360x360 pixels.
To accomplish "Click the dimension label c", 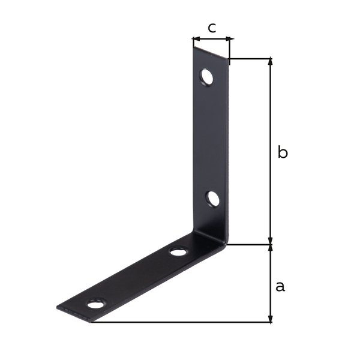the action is click(x=212, y=28).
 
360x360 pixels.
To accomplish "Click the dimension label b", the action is click(x=283, y=152).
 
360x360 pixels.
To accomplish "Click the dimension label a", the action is click(x=280, y=287).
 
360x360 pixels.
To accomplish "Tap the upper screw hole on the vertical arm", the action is click(x=206, y=77).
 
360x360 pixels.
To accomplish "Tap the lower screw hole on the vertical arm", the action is click(x=212, y=199).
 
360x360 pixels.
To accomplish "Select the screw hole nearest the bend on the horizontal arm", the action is click(x=178, y=251).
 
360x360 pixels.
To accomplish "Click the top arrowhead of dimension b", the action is click(x=271, y=62).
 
